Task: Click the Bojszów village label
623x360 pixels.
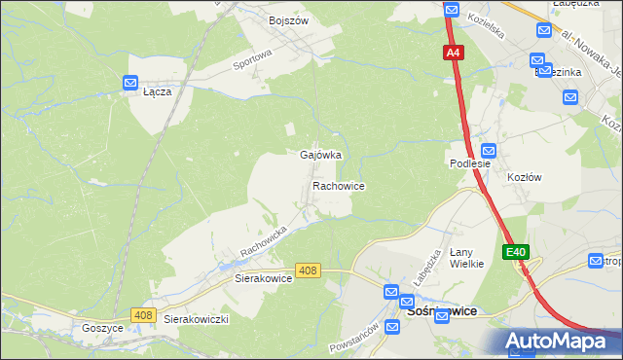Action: point(288,19)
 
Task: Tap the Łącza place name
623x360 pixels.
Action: point(157,92)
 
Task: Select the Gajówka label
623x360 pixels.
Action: point(320,155)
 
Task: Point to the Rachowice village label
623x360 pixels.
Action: point(338,185)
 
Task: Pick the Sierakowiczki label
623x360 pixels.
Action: point(196,319)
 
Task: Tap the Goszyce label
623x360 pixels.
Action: point(102,329)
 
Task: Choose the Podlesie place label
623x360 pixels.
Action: point(469,164)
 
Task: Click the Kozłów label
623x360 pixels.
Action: point(524,177)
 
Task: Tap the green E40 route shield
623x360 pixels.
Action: point(516,252)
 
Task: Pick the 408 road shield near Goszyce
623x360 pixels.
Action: point(143,314)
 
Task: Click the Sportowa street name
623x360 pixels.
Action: point(251,62)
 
